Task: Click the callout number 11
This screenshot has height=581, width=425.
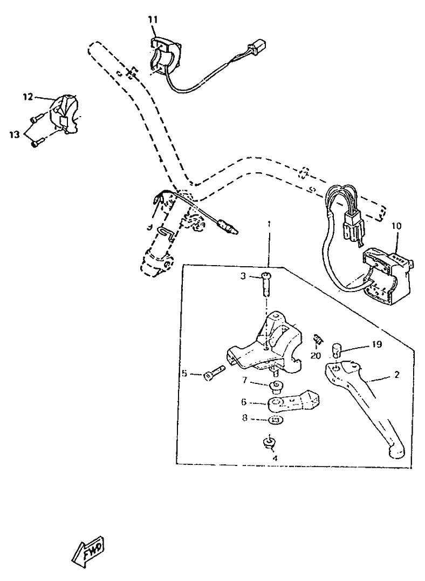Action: point(153,19)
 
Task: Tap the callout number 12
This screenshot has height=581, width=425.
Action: point(28,97)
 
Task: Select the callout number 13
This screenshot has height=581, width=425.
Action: point(15,135)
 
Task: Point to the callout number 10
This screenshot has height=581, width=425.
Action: point(396,226)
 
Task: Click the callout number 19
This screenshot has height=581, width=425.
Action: point(377,344)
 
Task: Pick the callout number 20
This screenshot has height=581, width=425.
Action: point(316,356)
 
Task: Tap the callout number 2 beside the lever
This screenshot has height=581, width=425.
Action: point(397,375)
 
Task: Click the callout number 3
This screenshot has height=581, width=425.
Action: point(243,276)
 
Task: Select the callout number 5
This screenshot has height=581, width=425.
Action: point(185,374)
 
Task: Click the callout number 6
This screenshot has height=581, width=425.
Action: point(244,402)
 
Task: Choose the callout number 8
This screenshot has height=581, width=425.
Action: point(244,418)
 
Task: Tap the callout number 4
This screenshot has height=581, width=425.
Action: point(275,458)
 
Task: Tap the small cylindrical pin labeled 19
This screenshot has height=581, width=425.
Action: point(336,349)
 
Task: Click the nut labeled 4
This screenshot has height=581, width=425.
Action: point(269,442)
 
